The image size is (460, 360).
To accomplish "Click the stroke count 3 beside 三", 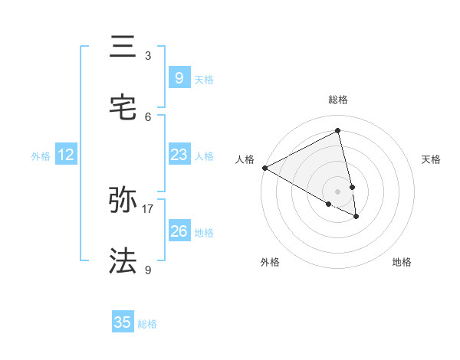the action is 148,56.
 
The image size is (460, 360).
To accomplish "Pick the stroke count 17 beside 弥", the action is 148,208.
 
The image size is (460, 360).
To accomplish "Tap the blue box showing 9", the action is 179,77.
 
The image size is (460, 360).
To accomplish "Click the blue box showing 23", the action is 179,155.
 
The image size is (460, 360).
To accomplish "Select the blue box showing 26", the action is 179,231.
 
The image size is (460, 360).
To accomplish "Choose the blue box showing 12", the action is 66,155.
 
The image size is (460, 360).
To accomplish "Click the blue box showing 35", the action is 123,322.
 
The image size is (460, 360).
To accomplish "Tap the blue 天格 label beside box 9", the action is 204,80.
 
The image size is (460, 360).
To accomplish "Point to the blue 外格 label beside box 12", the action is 41,156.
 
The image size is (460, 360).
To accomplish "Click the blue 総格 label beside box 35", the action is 147,324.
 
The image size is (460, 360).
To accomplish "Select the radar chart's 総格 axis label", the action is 338,100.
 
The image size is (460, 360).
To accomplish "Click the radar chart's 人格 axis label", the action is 245,159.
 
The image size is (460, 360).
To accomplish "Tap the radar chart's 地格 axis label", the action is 402,262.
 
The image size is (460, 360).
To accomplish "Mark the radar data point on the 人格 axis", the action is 264,168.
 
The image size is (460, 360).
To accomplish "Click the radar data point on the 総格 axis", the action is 338,131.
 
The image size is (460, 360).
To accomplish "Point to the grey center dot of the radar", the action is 338,191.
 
